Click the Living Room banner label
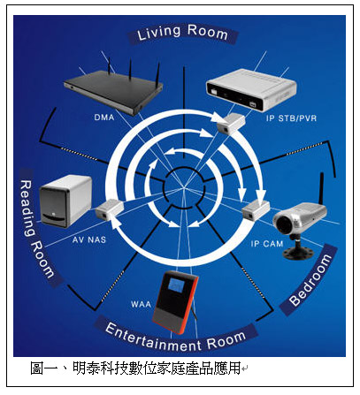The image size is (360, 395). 182,33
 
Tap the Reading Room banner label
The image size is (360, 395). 37,228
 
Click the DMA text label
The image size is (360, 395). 104,118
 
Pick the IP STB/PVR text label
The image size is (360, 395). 291,118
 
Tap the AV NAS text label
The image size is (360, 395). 89,239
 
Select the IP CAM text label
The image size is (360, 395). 267,244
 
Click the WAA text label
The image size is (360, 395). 141,304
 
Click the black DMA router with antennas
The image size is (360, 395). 113,88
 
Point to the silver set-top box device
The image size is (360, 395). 250,89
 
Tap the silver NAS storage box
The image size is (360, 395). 65,201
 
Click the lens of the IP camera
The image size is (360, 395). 283,224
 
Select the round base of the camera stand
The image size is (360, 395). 299,253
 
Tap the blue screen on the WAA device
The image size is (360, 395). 176,286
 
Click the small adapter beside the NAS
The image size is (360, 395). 109,209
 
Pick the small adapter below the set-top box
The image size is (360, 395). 231,122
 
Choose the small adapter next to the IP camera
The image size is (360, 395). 256,209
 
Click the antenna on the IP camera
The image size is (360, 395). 321,188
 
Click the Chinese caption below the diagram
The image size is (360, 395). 135,368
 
